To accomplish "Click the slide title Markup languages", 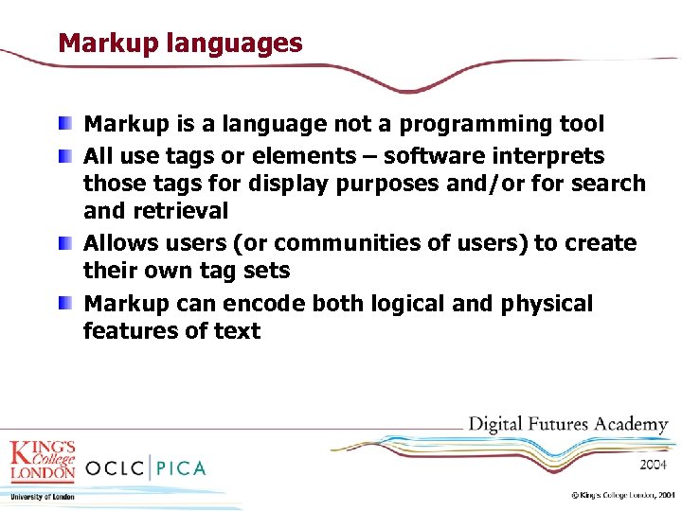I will point(180,44).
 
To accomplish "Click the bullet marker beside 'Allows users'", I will point(63,244).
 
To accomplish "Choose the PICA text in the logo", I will point(180,467).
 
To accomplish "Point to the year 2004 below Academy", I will point(652,465).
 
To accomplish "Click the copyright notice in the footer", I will point(621,495).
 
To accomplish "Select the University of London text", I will point(42,497).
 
